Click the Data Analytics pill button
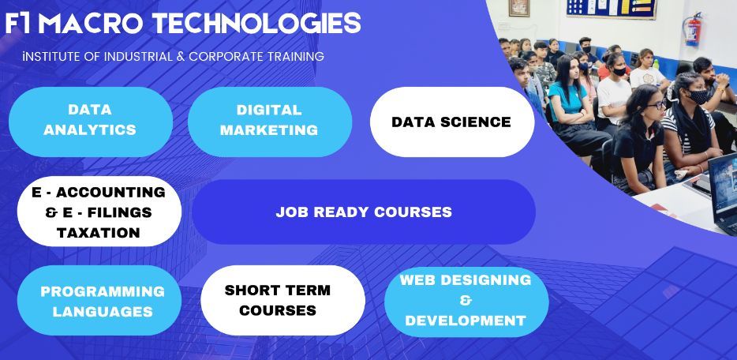[91, 122]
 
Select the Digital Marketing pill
[270, 122]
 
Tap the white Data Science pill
[452, 122]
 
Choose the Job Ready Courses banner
[364, 212]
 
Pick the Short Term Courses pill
[282, 300]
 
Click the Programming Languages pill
[99, 300]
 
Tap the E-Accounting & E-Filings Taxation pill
[99, 212]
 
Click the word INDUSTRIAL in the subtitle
[138, 57]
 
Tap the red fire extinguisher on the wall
[693, 29]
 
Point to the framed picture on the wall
[519, 8]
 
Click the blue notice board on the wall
[611, 9]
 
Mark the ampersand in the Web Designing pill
[466, 300]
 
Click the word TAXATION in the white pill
[98, 232]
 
